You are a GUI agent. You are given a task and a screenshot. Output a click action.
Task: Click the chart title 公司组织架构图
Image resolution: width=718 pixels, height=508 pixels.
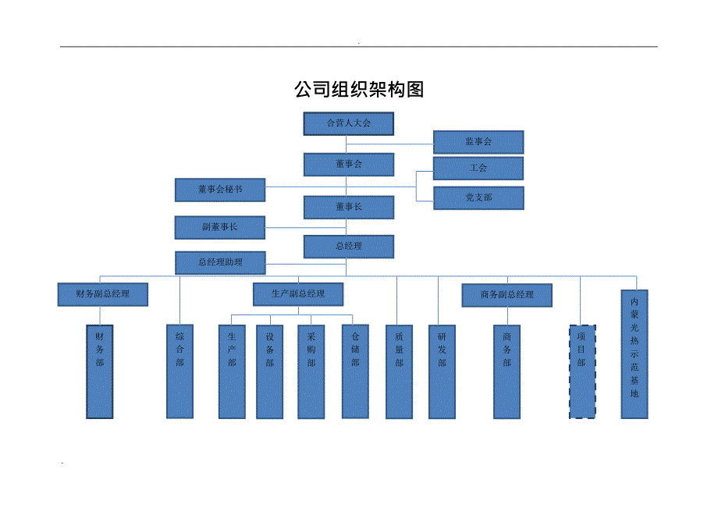pyautogui.click(x=358, y=90)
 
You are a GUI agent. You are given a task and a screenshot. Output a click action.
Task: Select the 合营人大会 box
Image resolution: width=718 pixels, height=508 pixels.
pyautogui.click(x=348, y=123)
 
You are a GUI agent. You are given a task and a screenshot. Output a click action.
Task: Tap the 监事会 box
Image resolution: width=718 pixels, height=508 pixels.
pyautogui.click(x=478, y=142)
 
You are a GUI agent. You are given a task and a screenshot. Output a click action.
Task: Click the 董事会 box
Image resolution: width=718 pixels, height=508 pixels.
pyautogui.click(x=348, y=164)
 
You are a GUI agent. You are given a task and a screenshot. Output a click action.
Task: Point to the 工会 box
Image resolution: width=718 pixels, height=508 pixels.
pyautogui.click(x=478, y=168)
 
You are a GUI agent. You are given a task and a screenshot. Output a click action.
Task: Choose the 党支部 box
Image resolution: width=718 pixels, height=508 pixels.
pyautogui.click(x=478, y=198)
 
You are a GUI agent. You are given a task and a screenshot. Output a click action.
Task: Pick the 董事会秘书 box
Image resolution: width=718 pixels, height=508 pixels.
pyautogui.click(x=220, y=190)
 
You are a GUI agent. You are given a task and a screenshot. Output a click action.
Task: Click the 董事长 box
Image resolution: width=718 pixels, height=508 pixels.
pyautogui.click(x=348, y=207)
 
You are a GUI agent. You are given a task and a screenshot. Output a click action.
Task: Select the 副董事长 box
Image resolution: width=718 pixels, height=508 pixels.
pyautogui.click(x=220, y=227)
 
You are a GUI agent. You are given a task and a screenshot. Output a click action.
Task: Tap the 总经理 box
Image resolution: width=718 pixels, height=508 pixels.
pyautogui.click(x=348, y=246)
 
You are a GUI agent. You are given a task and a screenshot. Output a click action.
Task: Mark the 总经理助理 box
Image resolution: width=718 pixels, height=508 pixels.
pyautogui.click(x=220, y=262)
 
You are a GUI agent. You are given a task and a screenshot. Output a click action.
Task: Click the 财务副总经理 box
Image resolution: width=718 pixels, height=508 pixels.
pyautogui.click(x=103, y=294)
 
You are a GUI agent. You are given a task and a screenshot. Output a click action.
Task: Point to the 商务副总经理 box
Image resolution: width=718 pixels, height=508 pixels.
pyautogui.click(x=507, y=295)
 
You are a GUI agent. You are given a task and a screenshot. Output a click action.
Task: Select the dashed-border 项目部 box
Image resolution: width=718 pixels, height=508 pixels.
pyautogui.click(x=582, y=371)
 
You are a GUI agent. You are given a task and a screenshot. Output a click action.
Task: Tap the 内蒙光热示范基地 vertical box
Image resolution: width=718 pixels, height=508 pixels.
pyautogui.click(x=634, y=355)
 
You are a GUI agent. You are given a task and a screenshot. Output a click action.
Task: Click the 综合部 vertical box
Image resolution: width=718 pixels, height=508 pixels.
pyautogui.click(x=179, y=371)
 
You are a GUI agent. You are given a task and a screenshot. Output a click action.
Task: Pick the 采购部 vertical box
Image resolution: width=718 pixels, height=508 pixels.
pyautogui.click(x=311, y=371)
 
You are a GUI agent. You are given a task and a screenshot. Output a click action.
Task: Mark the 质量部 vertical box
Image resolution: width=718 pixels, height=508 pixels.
pyautogui.click(x=399, y=371)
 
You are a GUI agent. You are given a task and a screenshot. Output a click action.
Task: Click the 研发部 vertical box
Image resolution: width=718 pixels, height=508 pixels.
pyautogui.click(x=441, y=371)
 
